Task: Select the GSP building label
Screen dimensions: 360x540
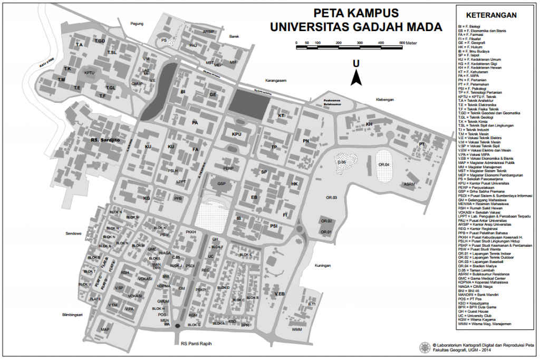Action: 221,184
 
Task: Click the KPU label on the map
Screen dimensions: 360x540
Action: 236,134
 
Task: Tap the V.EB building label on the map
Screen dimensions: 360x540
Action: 279,294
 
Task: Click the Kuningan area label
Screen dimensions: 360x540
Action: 322,266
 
